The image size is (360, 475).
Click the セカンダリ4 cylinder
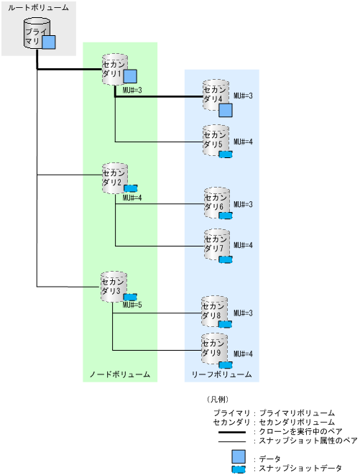coord(215,94)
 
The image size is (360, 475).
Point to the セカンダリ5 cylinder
coord(215,139)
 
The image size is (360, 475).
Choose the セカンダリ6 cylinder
coord(215,203)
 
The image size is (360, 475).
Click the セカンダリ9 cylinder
coord(215,348)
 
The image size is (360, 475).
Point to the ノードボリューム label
coord(119,374)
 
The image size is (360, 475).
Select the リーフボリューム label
coord(221,374)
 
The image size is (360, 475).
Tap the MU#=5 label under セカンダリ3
coord(133,305)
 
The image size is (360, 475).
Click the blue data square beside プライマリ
coord(49,43)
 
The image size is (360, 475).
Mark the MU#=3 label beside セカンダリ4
coord(244,95)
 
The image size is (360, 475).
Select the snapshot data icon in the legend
coord(239,469)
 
